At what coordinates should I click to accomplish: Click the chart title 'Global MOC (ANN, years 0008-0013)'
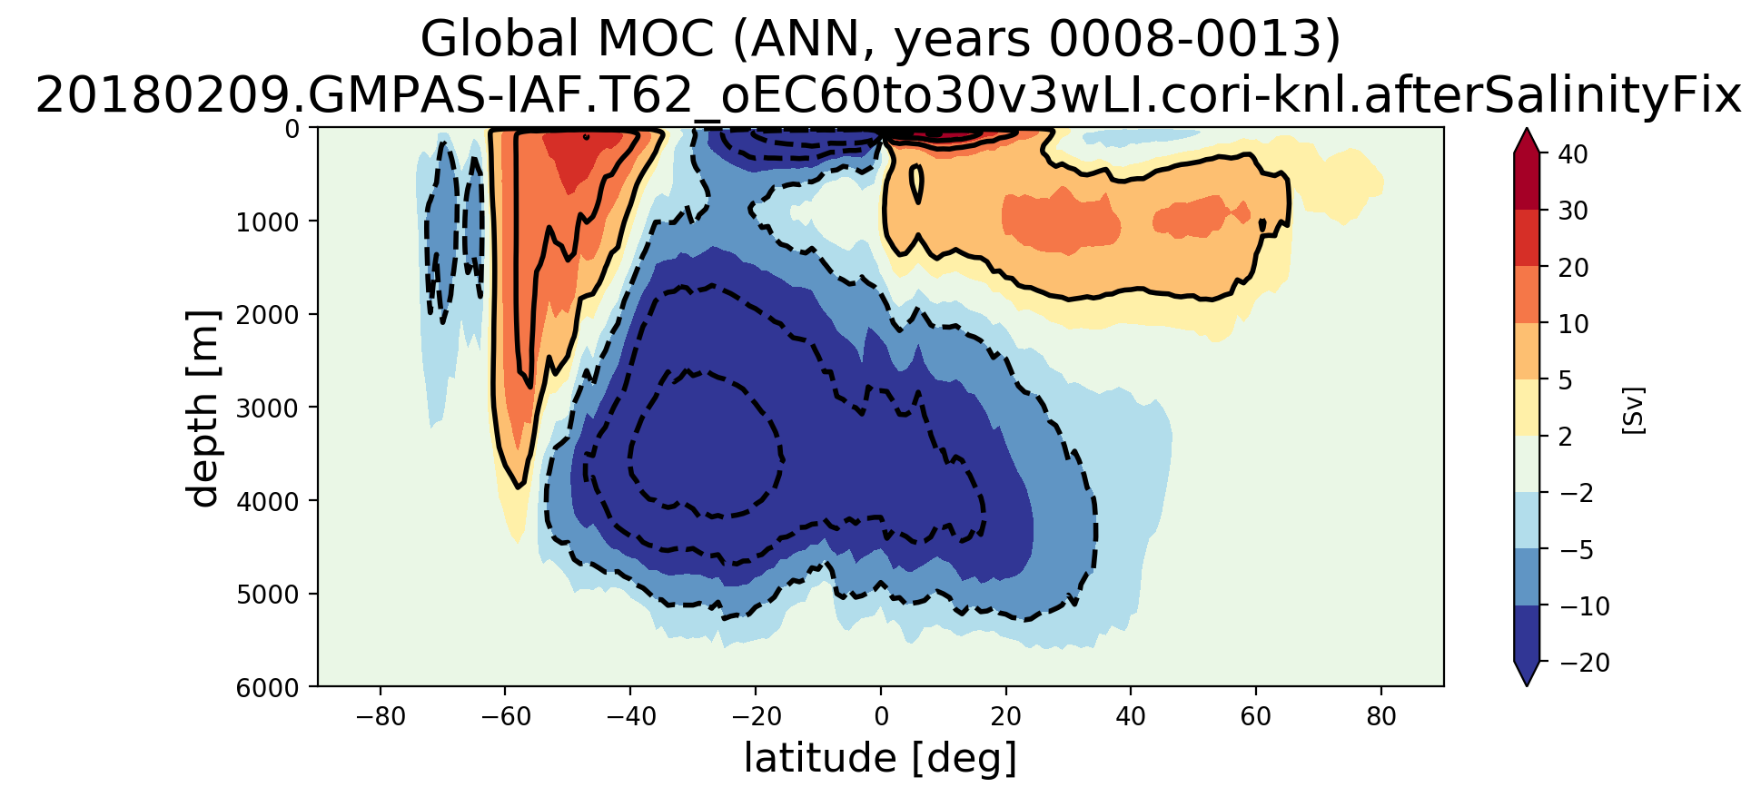[x=879, y=40]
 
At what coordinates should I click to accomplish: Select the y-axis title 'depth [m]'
[x=203, y=408]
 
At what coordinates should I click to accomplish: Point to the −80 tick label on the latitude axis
[x=380, y=717]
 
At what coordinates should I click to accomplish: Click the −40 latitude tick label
[x=630, y=717]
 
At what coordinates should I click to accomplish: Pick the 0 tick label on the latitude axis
[x=880, y=717]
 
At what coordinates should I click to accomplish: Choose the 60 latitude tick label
[x=1256, y=717]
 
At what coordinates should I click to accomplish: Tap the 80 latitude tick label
[x=1381, y=717]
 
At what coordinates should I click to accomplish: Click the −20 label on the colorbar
[x=1585, y=664]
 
